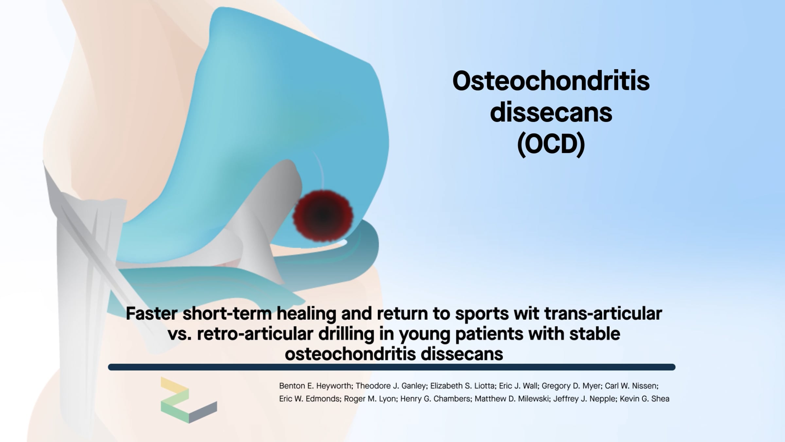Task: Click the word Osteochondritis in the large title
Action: tap(551, 81)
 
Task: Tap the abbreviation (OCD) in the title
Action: tap(551, 144)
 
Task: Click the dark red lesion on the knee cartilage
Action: tap(323, 215)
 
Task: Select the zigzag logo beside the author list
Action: tap(189, 400)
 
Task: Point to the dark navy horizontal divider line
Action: tap(392, 367)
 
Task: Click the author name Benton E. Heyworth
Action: tap(315, 386)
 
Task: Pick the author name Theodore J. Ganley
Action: tap(391, 386)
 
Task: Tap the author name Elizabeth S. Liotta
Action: tap(462, 386)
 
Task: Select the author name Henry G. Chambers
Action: tap(435, 399)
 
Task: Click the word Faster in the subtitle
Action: tap(151, 313)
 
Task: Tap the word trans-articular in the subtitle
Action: tap(603, 313)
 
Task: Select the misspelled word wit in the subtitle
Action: tap(526, 313)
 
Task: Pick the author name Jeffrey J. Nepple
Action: tap(584, 399)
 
